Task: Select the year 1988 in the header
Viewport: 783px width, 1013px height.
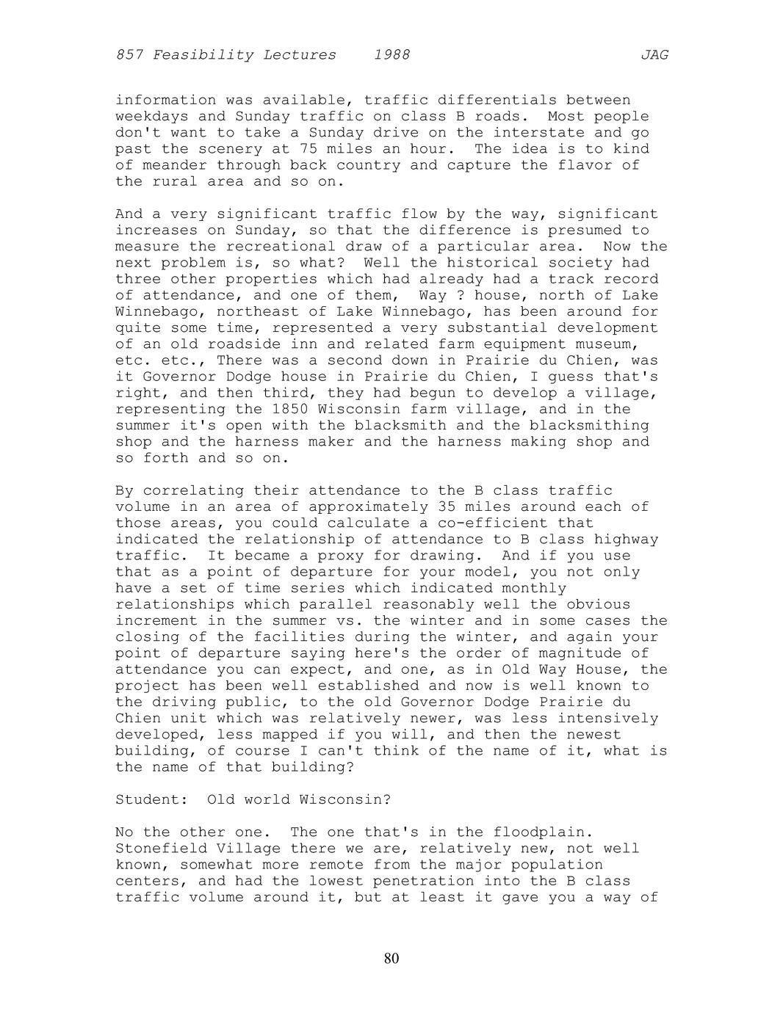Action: click(x=391, y=55)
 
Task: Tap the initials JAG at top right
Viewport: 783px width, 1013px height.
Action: click(x=654, y=55)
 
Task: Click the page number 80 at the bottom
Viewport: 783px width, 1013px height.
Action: click(x=391, y=958)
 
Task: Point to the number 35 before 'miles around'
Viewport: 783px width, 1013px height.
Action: click(x=447, y=507)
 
